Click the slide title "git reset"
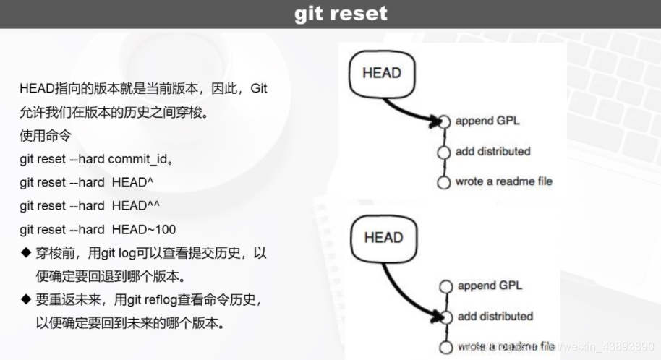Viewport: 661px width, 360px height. pos(341,13)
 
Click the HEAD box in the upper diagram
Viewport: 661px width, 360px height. pos(381,72)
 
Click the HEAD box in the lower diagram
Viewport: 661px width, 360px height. pos(383,237)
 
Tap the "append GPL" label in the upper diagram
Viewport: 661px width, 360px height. pos(487,121)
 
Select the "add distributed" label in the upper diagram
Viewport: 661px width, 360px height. pos(492,151)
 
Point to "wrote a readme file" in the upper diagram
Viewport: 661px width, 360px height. pos(504,181)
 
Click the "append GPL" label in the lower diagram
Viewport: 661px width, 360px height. pos(490,286)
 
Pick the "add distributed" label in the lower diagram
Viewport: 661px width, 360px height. pos(495,316)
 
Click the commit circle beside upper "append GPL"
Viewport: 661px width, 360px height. pos(444,121)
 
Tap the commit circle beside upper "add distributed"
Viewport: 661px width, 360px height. pos(444,152)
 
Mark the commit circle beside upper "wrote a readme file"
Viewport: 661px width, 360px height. pos(444,181)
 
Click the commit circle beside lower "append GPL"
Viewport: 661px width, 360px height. pos(445,286)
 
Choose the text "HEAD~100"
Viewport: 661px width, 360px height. pos(144,229)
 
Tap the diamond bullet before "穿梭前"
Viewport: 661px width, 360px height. pos(25,254)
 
